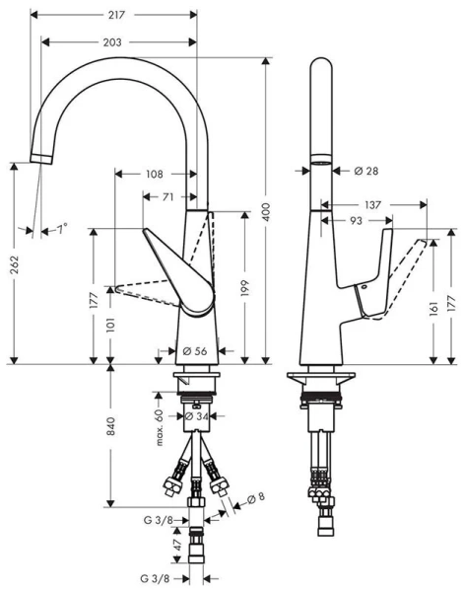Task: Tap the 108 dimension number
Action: (154, 175)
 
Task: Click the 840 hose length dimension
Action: (111, 426)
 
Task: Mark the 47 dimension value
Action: (177, 544)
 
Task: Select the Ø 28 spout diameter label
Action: (365, 170)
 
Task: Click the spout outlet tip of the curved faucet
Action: (40, 160)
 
